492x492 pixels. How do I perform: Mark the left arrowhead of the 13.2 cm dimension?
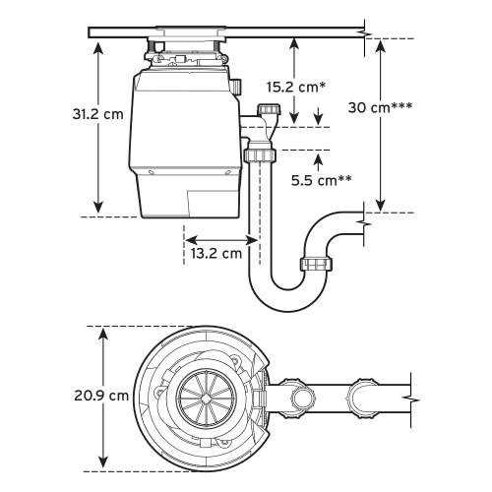tap(188, 238)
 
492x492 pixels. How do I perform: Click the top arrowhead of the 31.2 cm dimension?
tap(97, 45)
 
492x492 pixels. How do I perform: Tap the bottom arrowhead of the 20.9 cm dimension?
tap(103, 462)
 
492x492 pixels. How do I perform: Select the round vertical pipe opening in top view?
tap(302, 400)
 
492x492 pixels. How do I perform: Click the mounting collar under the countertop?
tap(187, 52)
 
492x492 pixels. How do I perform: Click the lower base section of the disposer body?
tap(187, 192)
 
